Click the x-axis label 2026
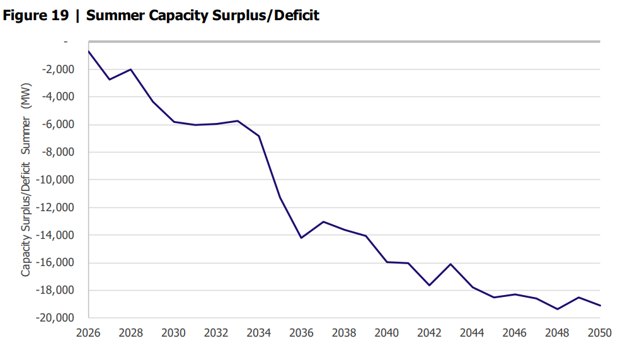click(88, 332)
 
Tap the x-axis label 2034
click(259, 332)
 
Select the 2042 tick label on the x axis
click(430, 332)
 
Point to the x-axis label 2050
click(600, 332)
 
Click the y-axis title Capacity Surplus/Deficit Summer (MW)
click(26, 179)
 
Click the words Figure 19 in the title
click(35, 16)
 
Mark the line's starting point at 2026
click(88, 51)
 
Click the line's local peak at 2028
click(131, 69)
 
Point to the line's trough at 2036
click(302, 238)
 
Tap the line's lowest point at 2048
click(558, 309)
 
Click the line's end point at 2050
click(600, 306)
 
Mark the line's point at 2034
click(259, 136)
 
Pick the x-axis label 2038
click(344, 332)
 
